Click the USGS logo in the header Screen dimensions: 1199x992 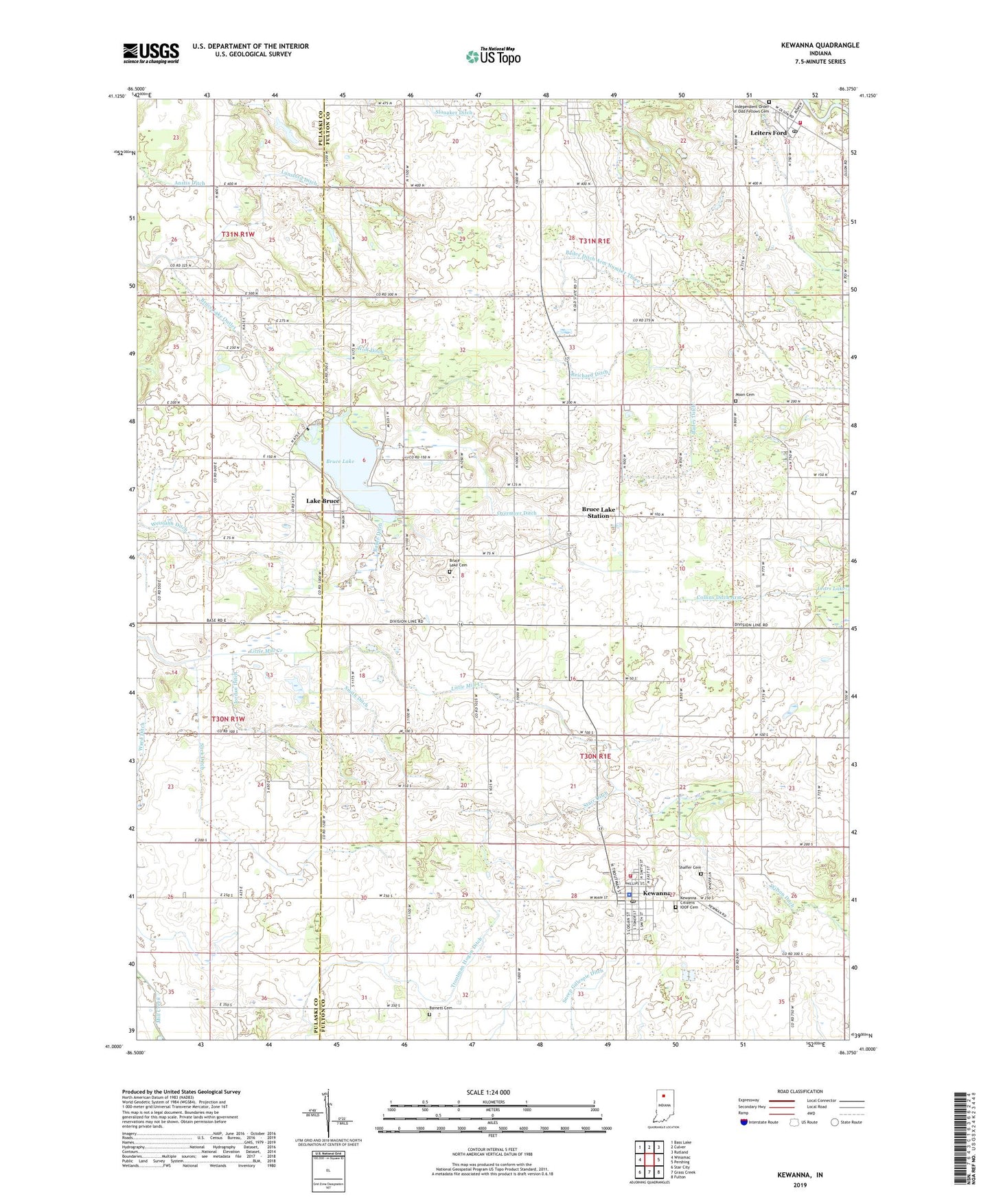[151, 53]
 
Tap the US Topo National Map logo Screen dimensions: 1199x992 [493, 56]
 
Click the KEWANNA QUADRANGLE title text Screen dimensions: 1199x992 [820, 45]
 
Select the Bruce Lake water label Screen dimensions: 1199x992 [341, 461]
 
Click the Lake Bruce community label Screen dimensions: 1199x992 [323, 501]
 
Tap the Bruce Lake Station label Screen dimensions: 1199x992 [596, 512]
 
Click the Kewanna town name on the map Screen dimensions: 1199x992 [656, 893]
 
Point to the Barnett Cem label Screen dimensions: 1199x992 [443, 1008]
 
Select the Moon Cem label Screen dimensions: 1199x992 [745, 395]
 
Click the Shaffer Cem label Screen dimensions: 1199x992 [690, 867]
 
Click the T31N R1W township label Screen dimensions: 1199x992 [238, 235]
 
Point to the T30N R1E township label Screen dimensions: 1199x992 [595, 756]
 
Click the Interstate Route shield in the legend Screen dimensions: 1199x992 [744, 1123]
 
